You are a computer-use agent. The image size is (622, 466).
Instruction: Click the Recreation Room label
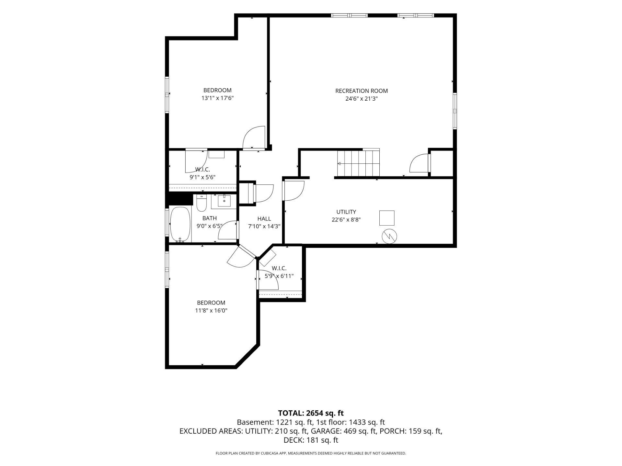tap(361, 91)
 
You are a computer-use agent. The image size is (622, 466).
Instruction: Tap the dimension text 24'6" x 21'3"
tap(362, 99)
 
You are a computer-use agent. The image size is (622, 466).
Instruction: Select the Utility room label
tap(346, 212)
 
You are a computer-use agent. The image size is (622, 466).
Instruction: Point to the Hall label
tap(264, 219)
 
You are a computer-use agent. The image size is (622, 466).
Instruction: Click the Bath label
tap(209, 218)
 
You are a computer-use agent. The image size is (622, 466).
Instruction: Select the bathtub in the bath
tap(180, 225)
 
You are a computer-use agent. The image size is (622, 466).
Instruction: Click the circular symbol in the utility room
tap(390, 237)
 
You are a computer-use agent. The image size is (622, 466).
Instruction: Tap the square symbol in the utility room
tap(387, 218)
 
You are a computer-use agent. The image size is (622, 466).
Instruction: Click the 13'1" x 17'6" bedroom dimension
tap(217, 98)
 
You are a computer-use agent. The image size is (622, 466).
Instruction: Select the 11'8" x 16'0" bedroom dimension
tap(211, 311)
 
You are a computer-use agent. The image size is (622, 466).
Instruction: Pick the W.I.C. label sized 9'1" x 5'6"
tap(202, 169)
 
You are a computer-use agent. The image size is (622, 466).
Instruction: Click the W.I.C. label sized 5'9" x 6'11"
tap(279, 268)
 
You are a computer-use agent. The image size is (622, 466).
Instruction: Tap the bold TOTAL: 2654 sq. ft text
tap(311, 413)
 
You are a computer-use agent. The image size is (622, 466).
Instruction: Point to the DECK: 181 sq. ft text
tap(311, 440)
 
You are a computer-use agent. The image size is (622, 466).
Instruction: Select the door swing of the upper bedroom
tap(254, 137)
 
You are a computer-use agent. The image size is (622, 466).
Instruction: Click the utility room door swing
tap(294, 191)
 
